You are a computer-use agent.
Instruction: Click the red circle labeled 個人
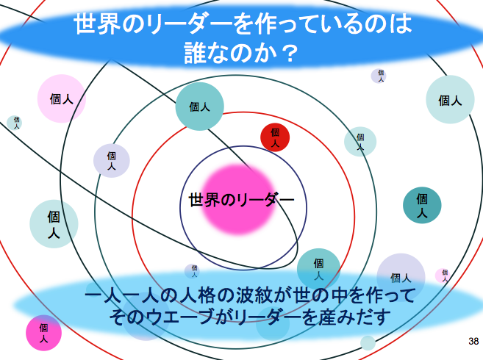275,137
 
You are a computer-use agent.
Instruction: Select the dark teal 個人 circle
422,205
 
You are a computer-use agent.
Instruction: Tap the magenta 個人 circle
43,333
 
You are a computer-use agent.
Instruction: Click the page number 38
473,341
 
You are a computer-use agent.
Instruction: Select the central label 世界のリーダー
241,200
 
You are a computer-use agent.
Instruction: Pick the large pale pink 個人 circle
62,98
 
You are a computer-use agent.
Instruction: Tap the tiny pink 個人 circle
443,276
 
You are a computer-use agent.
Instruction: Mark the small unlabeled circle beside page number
368,343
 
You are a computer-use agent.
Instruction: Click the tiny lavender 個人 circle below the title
379,76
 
